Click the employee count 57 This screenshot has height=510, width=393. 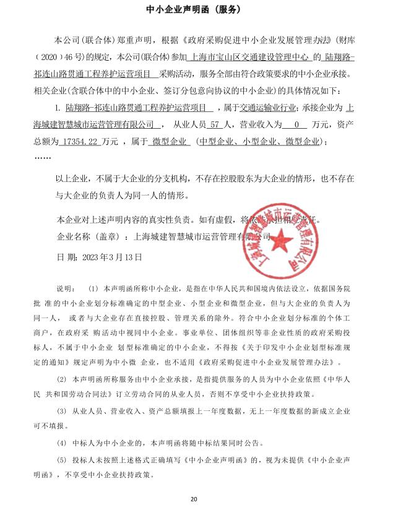215,125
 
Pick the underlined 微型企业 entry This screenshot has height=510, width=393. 168,142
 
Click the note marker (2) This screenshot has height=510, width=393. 61,378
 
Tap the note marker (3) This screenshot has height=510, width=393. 61,411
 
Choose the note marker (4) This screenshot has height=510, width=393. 61,443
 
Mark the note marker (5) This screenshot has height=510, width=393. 61,460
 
